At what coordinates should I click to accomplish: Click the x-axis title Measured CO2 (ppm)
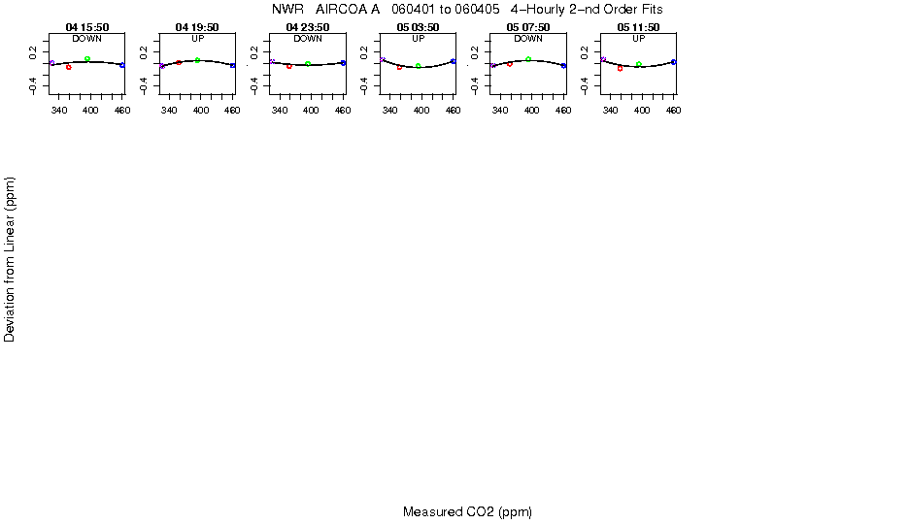467,511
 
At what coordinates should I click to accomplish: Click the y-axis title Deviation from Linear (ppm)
10,259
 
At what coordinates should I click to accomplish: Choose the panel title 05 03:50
418,27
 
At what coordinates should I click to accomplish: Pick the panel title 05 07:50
527,27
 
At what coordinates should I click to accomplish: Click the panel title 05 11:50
638,27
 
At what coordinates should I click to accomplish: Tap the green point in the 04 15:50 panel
87,59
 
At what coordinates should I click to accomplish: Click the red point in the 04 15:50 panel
68,67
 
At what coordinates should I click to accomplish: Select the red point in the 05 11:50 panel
620,68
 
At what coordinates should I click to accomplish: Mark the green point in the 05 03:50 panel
419,66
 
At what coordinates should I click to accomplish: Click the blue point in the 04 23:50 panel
343,62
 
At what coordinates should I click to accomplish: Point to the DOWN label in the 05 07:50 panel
527,39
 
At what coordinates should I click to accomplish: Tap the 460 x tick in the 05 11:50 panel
673,111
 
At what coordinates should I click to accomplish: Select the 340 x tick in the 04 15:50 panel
60,111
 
